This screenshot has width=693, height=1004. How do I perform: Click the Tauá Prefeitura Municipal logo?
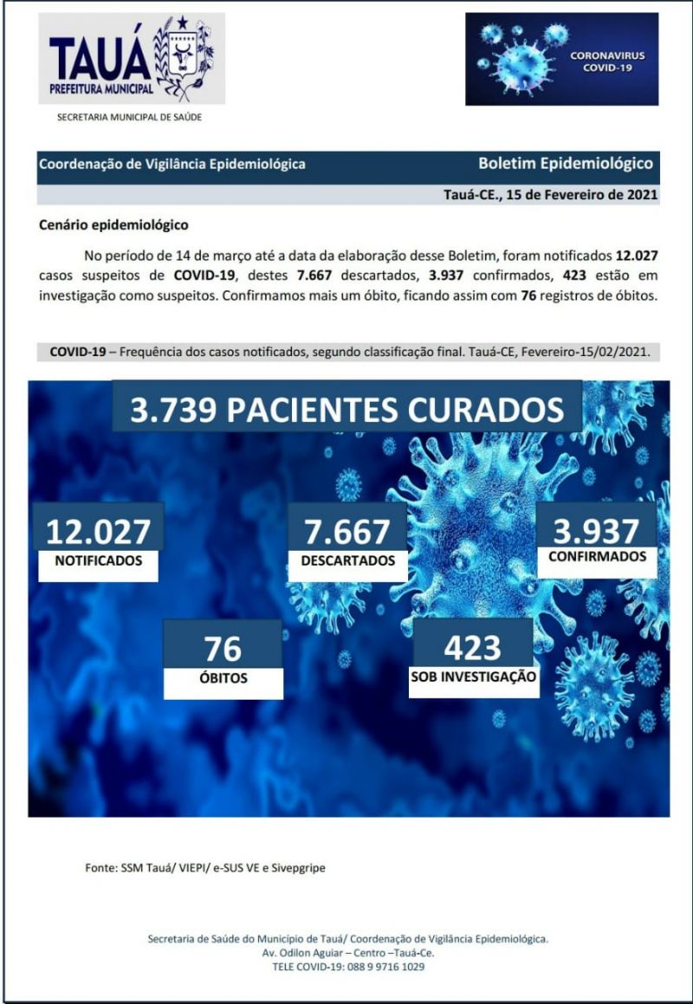pos(131,59)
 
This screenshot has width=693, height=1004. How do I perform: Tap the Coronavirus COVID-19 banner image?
pos(561,59)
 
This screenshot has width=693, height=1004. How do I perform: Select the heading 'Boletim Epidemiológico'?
pos(565,163)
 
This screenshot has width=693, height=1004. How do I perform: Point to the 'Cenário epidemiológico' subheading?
pos(113,225)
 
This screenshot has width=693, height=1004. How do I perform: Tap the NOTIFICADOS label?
pos(98,561)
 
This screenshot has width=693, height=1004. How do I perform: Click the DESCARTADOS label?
pos(346,561)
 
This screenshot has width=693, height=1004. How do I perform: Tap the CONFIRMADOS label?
pos(597,557)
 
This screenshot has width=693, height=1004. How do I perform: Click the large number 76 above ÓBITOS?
pos(223,647)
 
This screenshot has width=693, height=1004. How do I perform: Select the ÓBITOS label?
pos(223,678)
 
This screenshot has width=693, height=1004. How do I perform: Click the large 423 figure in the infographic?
pos(472,646)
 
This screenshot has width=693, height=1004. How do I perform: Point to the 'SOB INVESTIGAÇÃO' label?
pos(473,677)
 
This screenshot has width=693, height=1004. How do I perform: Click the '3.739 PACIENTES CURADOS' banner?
pos(346,409)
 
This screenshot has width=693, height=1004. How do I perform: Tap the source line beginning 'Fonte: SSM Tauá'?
pos(204,867)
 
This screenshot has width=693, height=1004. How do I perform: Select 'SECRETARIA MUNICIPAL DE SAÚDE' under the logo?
pos(129,117)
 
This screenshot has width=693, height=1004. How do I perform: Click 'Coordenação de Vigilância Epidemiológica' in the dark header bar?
pos(172,164)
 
